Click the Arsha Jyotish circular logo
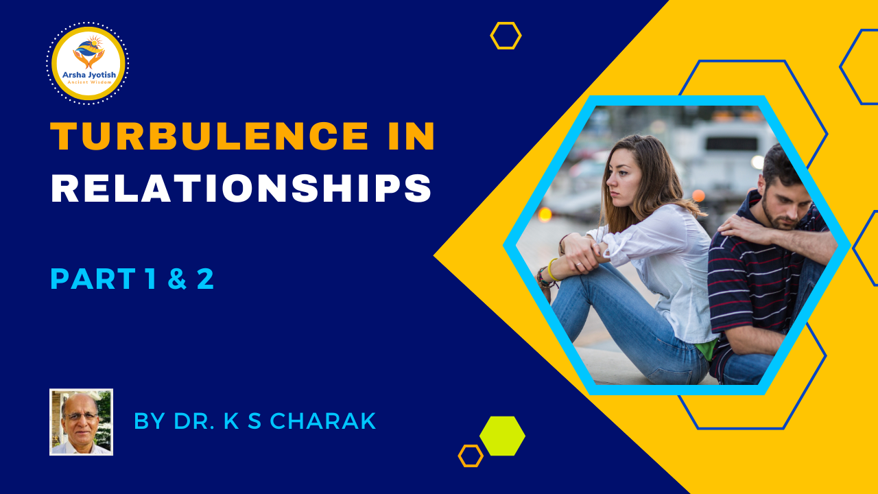click(88, 63)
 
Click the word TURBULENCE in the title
click(209, 136)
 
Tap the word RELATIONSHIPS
click(241, 188)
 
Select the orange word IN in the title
click(412, 136)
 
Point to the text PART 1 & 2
click(132, 279)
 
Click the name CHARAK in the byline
click(323, 421)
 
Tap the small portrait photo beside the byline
click(81, 422)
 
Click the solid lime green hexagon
click(503, 436)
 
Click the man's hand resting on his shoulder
click(745, 228)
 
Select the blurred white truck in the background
click(725, 153)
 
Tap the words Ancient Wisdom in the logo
click(89, 82)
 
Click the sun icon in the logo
click(95, 41)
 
